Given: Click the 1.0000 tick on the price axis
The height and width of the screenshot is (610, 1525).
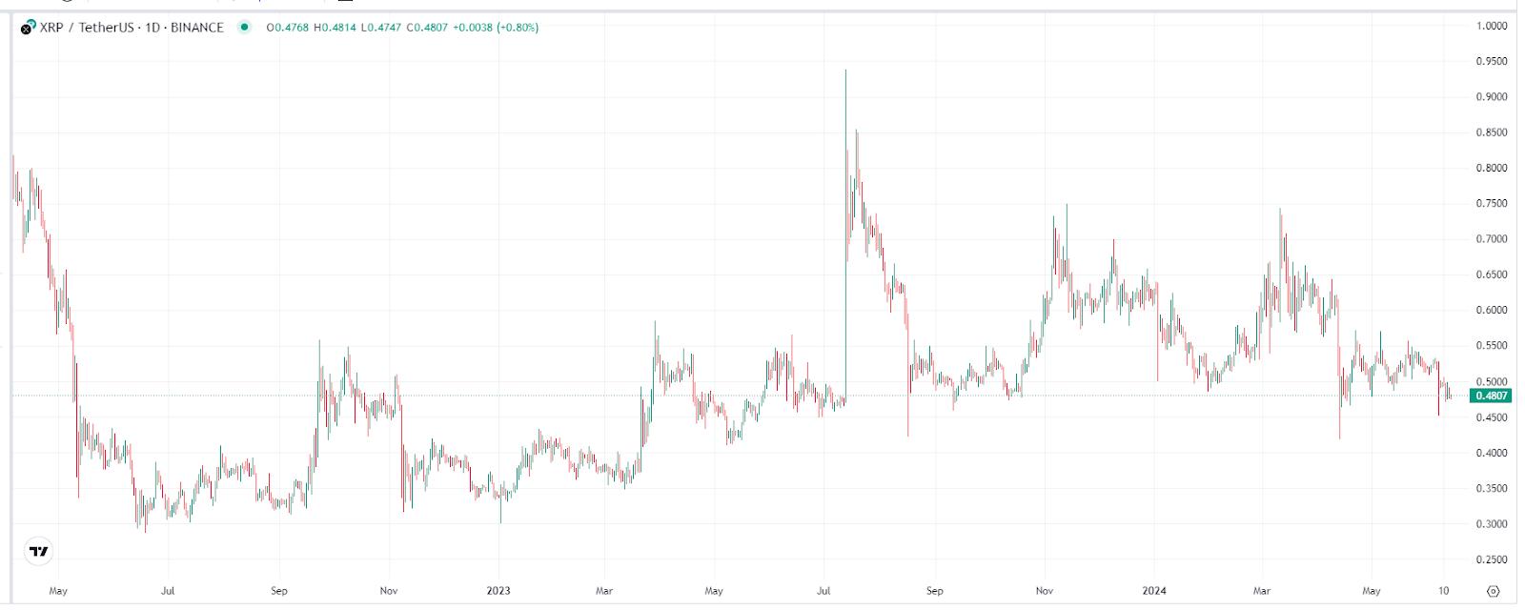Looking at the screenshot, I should click(1492, 26).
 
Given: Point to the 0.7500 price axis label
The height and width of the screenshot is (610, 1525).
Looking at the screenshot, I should click(1492, 204).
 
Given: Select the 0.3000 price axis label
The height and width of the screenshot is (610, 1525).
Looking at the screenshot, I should click(1492, 524).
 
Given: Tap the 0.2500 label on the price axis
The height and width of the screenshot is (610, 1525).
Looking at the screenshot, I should click(1492, 560).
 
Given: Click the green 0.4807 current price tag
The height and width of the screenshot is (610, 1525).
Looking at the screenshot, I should click(1491, 396).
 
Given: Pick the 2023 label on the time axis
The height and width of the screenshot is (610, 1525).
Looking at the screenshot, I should click(498, 591).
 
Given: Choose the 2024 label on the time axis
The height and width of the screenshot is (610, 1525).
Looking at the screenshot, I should click(1154, 591).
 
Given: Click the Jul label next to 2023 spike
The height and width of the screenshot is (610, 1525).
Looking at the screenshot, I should click(823, 591).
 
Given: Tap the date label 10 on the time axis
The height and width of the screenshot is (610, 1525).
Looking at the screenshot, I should click(1443, 591).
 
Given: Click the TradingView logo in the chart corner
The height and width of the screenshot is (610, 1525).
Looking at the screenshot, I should click(38, 551).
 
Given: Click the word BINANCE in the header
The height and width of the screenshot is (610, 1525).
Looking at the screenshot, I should click(196, 28).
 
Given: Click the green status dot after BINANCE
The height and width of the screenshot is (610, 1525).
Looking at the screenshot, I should click(244, 27).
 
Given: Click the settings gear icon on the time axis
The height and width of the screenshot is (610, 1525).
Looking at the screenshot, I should click(1494, 591).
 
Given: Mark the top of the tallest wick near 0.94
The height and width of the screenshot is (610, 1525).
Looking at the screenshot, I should click(845, 71).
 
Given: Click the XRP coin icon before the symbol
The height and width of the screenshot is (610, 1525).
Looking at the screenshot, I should click(29, 27).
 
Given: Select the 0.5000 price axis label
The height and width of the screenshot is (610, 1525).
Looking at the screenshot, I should click(1492, 382).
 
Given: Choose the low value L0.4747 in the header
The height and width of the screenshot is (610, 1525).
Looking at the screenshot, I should click(381, 28).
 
